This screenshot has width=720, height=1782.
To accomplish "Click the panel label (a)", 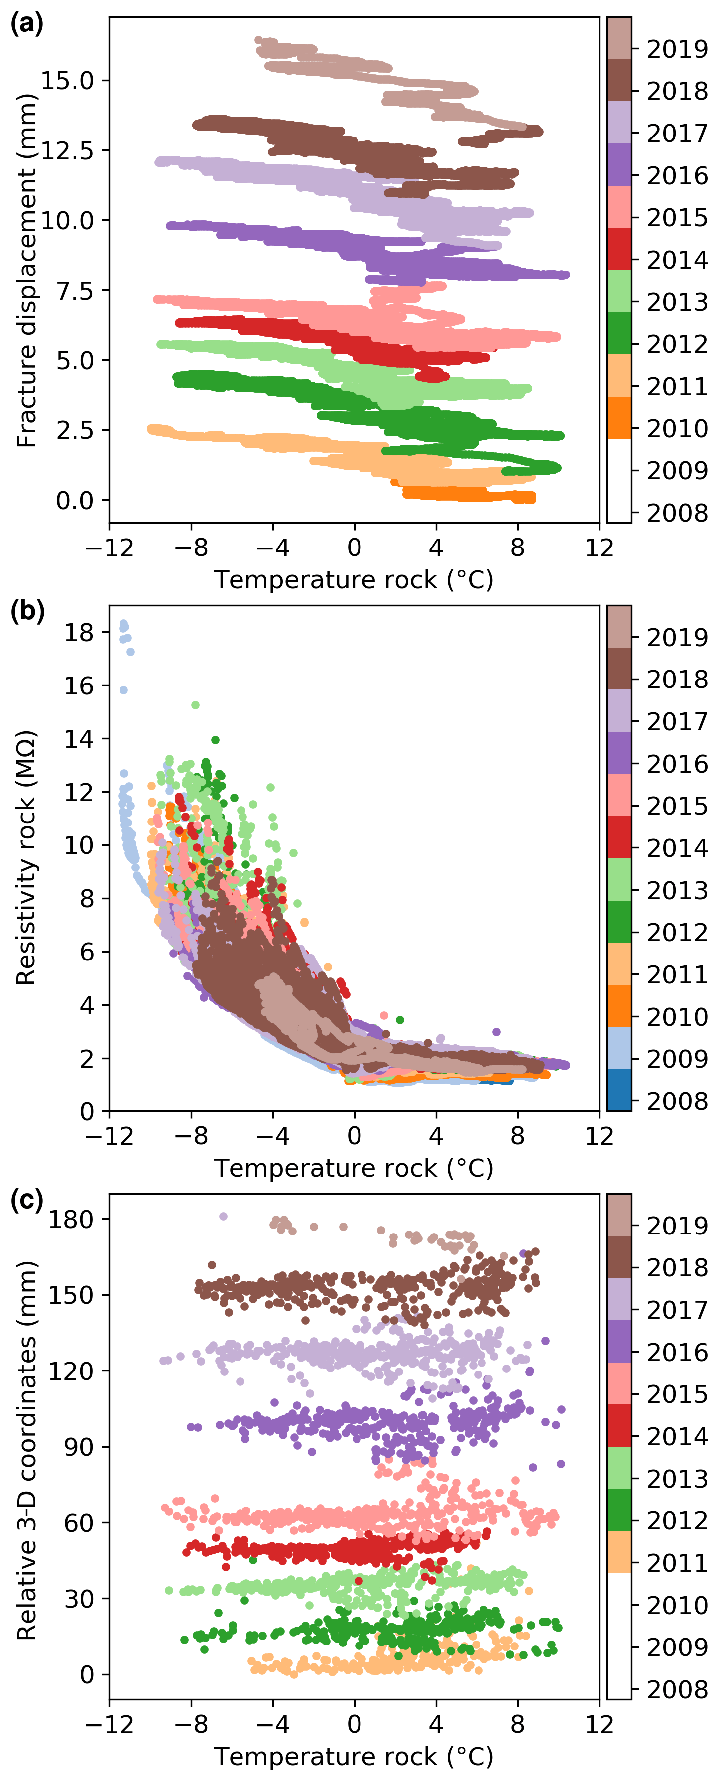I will [x=27, y=24].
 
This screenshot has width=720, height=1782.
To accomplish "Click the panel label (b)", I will [x=27, y=612].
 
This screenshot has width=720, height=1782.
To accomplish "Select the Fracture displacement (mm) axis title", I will [x=26, y=271].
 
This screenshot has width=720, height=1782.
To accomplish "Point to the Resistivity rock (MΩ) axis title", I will [x=26, y=858].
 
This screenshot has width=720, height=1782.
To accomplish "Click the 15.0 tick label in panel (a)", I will [x=67, y=80].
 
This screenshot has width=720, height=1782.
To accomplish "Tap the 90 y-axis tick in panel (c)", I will [x=78, y=1447].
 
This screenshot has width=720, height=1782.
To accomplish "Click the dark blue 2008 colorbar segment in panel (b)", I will [x=619, y=1090].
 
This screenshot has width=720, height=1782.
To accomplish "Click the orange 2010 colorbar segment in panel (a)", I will [x=619, y=417].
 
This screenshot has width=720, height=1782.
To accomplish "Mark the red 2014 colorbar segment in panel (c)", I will [x=619, y=1425].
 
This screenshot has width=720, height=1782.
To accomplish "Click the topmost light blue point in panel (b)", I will [x=124, y=623].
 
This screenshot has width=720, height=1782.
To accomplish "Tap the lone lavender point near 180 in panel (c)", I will [x=223, y=1216].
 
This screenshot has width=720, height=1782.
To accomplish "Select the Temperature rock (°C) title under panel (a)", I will [x=354, y=580].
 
